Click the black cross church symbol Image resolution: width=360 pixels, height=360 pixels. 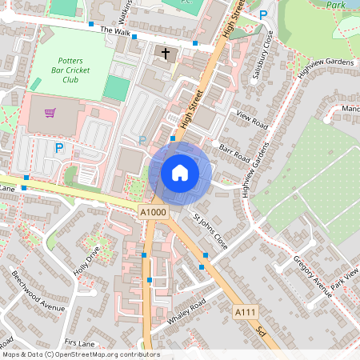click(166, 54)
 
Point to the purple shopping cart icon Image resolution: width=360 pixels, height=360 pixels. click(50, 113)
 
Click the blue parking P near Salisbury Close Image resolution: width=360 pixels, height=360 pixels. click(263, 14)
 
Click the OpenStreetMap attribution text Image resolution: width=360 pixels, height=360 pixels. click(80, 354)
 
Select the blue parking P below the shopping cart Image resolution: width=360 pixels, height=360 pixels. click(58, 147)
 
